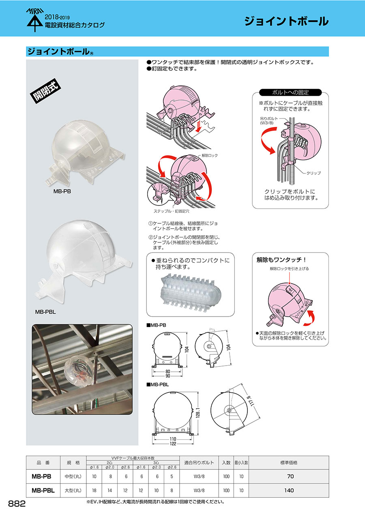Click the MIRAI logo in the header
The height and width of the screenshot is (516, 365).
coord(35,20)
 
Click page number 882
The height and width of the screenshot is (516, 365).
coord(17,504)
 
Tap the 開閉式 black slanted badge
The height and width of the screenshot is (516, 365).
coord(45,90)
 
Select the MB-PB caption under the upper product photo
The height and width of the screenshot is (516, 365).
coord(62,191)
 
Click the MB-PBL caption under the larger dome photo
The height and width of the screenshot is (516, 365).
coord(45,312)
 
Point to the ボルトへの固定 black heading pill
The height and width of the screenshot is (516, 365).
coord(290,92)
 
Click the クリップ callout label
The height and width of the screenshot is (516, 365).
coord(313,173)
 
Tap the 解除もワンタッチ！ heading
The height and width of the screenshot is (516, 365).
coord(281,260)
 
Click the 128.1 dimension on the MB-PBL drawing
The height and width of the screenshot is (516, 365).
coord(198,413)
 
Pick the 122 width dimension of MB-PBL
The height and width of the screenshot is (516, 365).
coord(173,443)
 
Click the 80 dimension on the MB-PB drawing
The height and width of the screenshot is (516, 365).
coord(168,371)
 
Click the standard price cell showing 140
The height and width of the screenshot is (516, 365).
coord(289,490)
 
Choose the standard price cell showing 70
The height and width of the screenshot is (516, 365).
coord(289,476)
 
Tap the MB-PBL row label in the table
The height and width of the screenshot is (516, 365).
coord(43,490)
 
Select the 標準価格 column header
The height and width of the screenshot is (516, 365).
coord(289,462)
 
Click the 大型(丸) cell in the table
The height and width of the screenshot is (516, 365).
coord(73,490)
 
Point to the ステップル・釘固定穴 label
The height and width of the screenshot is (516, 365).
coord(171,211)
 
